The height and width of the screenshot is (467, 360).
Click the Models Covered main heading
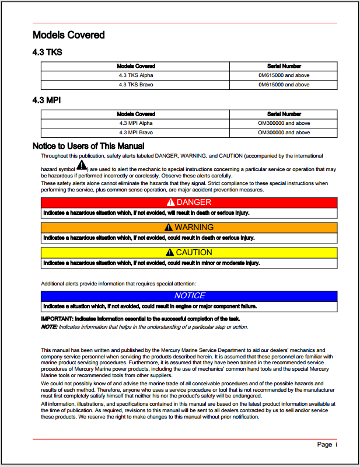(x=68, y=35)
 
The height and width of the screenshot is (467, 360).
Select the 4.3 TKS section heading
(x=47, y=53)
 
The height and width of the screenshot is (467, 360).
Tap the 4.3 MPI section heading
(x=47, y=100)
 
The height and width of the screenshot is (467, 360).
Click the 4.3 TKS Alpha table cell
(x=136, y=75)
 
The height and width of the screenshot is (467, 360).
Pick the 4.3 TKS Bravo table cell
(x=136, y=85)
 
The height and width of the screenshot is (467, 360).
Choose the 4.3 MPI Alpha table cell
(x=136, y=123)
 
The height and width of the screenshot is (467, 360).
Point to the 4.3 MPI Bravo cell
(x=136, y=133)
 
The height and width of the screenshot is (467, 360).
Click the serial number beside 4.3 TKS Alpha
(x=284, y=75)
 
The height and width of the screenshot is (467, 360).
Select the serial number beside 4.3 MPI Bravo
(x=284, y=133)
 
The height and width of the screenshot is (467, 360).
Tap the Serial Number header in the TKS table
(x=284, y=66)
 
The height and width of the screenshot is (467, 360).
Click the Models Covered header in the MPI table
(x=136, y=114)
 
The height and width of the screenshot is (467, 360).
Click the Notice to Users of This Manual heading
(x=88, y=146)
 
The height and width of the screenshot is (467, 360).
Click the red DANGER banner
(x=189, y=202)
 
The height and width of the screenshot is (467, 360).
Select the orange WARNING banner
(x=189, y=227)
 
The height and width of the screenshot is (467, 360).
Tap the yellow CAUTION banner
(x=189, y=252)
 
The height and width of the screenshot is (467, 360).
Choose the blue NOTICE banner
(x=189, y=295)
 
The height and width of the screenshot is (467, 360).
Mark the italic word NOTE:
(x=49, y=327)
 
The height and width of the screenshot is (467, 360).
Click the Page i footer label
(x=327, y=445)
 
